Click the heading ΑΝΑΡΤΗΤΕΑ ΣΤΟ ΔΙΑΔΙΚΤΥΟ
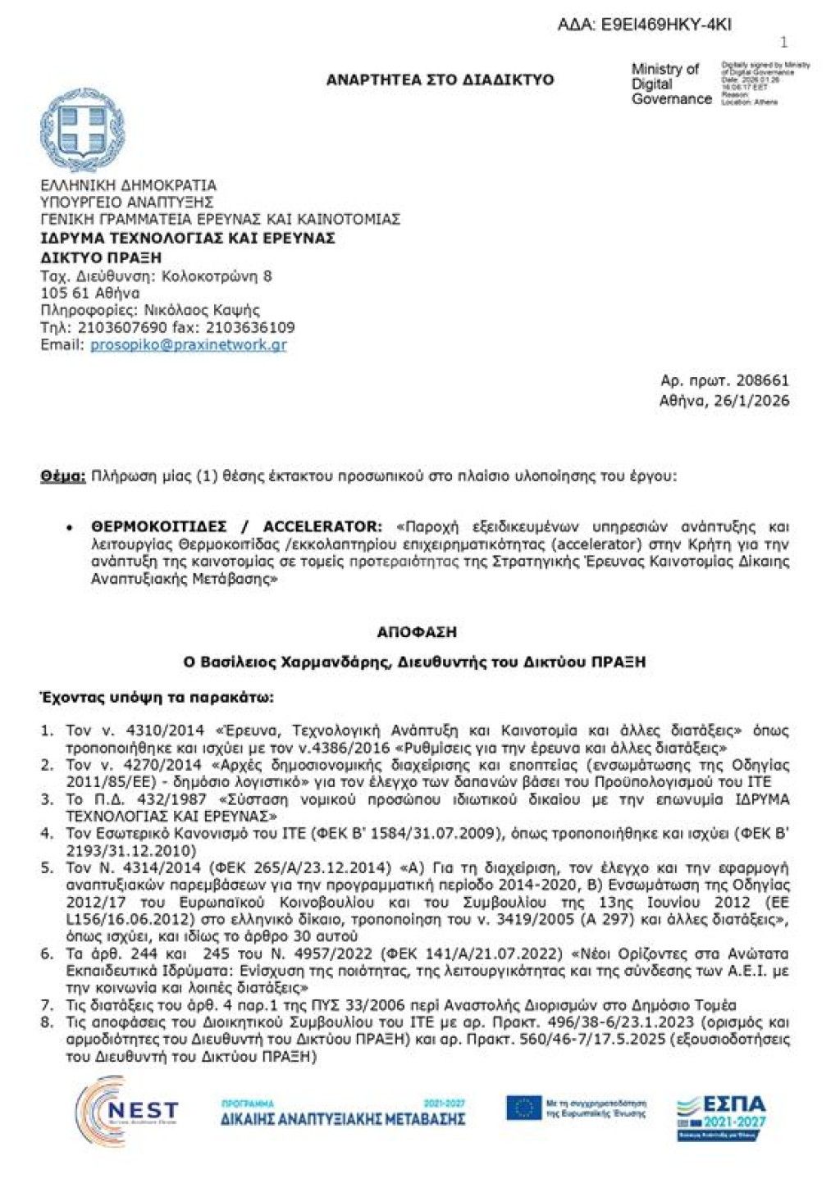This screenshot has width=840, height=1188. click(x=440, y=80)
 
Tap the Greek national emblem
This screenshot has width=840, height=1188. click(x=82, y=131)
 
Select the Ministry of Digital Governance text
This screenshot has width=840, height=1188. click(x=671, y=84)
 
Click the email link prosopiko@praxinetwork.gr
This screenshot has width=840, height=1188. click(x=188, y=344)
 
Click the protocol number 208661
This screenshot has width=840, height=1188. click(x=762, y=380)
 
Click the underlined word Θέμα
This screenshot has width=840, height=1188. click(x=62, y=476)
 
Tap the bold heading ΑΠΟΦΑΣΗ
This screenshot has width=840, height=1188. click(x=417, y=632)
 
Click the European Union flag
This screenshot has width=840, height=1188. click(x=523, y=1108)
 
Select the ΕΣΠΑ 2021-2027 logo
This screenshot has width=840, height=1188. click(x=722, y=1115)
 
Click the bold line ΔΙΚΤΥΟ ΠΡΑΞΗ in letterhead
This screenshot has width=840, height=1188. click(x=101, y=257)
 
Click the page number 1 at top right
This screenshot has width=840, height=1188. click(x=783, y=43)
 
